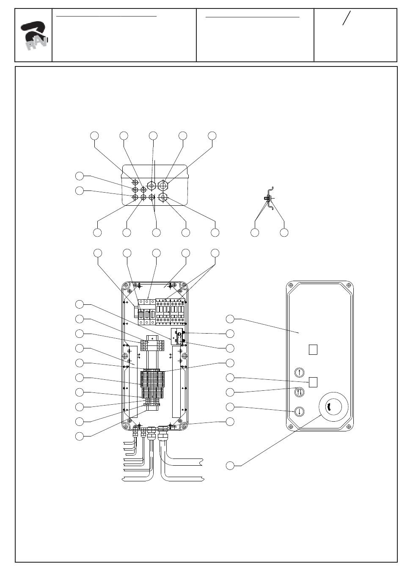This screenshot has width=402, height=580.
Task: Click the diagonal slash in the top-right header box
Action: tap(347, 18)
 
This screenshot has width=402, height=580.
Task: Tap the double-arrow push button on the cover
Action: tap(299, 392)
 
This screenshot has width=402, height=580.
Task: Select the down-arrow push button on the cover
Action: tap(299, 411)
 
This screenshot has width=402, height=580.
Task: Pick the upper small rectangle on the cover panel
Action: tap(313, 350)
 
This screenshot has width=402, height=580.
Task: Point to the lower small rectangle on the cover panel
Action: tap(313, 381)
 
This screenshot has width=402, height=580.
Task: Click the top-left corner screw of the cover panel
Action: tap(291, 286)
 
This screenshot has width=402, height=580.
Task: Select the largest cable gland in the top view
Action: tap(163, 185)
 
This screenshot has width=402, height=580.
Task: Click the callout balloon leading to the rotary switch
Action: tap(230, 466)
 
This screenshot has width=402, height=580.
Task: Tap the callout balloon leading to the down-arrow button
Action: tap(230, 407)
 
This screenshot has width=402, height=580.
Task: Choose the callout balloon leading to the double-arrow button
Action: tap(230, 392)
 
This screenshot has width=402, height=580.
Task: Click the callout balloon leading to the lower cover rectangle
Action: tap(230, 377)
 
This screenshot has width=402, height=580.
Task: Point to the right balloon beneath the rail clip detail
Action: tap(284, 232)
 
